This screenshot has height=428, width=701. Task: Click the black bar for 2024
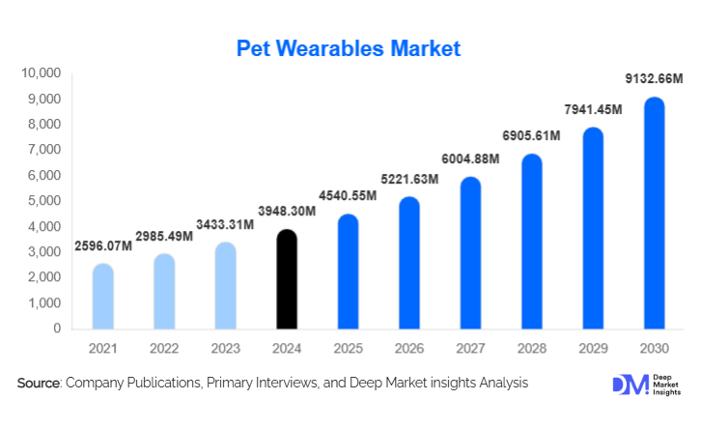(288, 280)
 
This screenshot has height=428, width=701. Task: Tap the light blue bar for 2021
(103, 297)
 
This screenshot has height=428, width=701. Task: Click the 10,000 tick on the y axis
(42, 73)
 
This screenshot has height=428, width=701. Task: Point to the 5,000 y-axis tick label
(45, 201)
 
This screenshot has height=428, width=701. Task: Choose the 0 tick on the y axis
(58, 328)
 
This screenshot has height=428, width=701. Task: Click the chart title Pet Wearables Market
(350, 47)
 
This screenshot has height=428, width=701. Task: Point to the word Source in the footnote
(38, 384)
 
